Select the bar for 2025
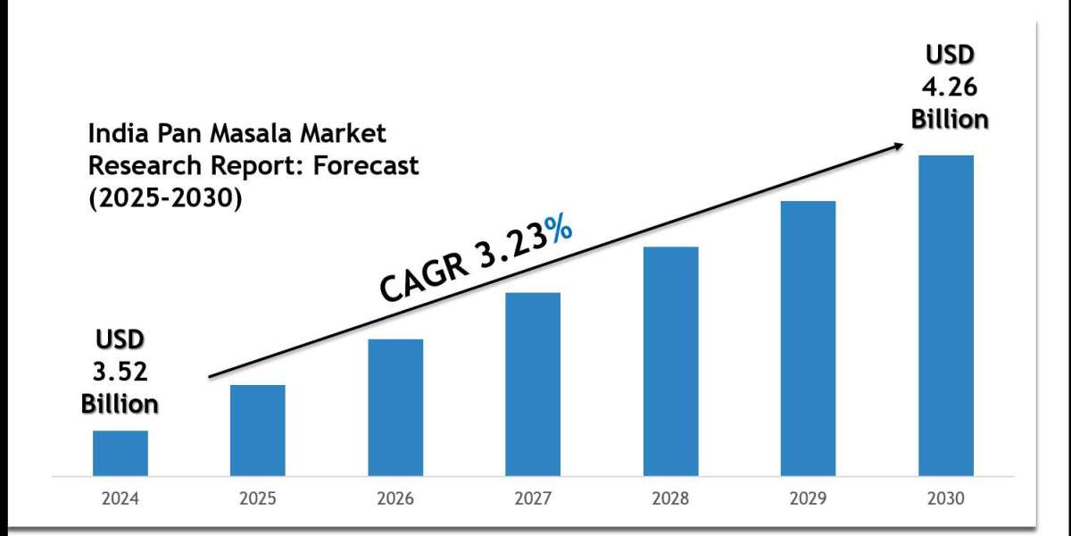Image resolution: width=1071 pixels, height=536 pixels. [x=257, y=430]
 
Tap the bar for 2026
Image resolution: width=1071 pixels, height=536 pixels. [x=395, y=406]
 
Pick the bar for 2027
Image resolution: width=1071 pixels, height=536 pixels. [x=533, y=383]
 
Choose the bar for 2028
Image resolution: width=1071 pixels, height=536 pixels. [x=670, y=360]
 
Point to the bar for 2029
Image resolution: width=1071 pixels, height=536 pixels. [x=808, y=338]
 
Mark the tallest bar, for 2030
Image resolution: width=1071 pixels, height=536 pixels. [x=946, y=314]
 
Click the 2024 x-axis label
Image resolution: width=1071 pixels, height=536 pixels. [x=120, y=498]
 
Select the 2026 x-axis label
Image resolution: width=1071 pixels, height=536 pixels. [x=395, y=498]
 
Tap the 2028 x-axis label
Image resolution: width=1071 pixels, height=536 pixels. [x=670, y=498]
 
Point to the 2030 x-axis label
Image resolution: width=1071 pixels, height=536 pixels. [x=946, y=498]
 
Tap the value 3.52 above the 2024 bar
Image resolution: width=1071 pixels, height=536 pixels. [x=120, y=372]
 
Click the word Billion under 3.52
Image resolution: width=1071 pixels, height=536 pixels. [x=120, y=403]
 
